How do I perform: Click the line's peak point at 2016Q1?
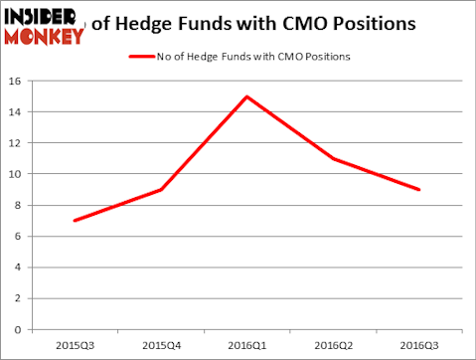(246, 96)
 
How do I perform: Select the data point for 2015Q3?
(75, 220)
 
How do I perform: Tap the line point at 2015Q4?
(161, 189)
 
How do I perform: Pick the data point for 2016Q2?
(333, 158)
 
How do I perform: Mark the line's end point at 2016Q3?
(418, 189)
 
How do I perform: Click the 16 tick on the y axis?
(18, 82)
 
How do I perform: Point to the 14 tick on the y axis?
(18, 112)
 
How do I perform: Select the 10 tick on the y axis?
(18, 174)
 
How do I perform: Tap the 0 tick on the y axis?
(21, 328)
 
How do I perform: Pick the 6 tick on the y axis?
(21, 236)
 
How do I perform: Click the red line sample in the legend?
(142, 57)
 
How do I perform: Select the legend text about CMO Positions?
(253, 57)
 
